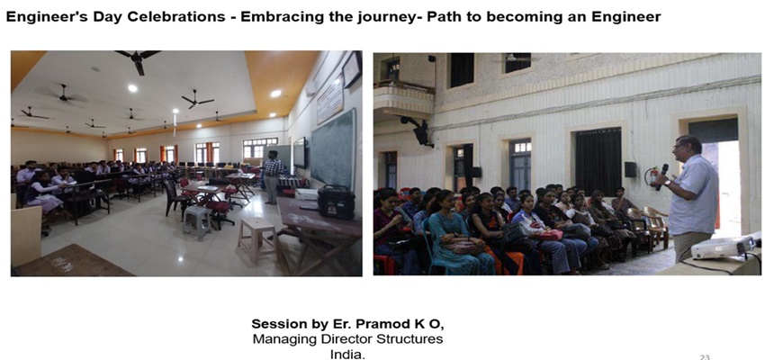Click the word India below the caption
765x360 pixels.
347,354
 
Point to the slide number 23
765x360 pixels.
705,356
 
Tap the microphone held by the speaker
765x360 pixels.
661,176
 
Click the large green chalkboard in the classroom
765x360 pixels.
333,148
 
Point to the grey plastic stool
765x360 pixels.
196,221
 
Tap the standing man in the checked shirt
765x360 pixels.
272,176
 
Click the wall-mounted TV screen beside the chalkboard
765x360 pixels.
300,153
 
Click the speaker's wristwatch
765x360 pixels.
667,184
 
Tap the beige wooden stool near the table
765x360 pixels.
256,238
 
